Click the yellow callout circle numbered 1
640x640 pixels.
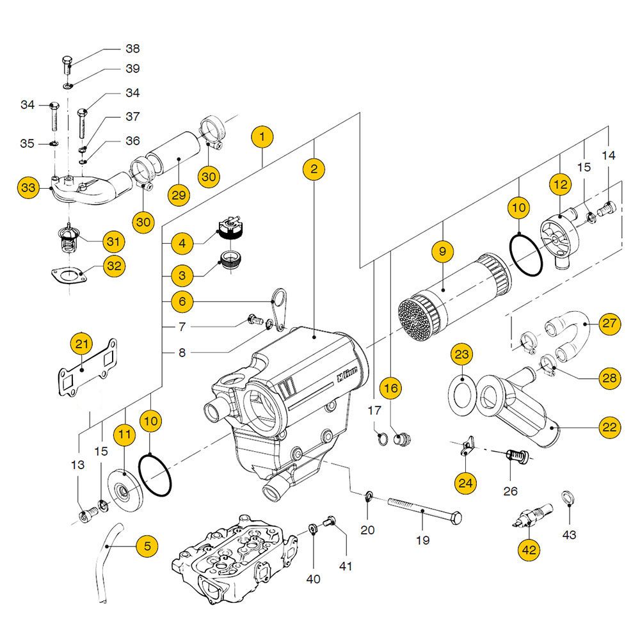click(x=262, y=136)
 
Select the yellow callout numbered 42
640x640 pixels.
click(x=530, y=548)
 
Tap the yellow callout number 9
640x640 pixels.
click(x=442, y=252)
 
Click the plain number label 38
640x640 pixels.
click(x=132, y=49)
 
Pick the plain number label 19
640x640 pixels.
click(x=422, y=540)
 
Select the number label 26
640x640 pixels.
click(x=510, y=492)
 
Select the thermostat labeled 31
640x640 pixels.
click(x=68, y=241)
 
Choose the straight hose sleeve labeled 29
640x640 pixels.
click(x=170, y=156)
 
